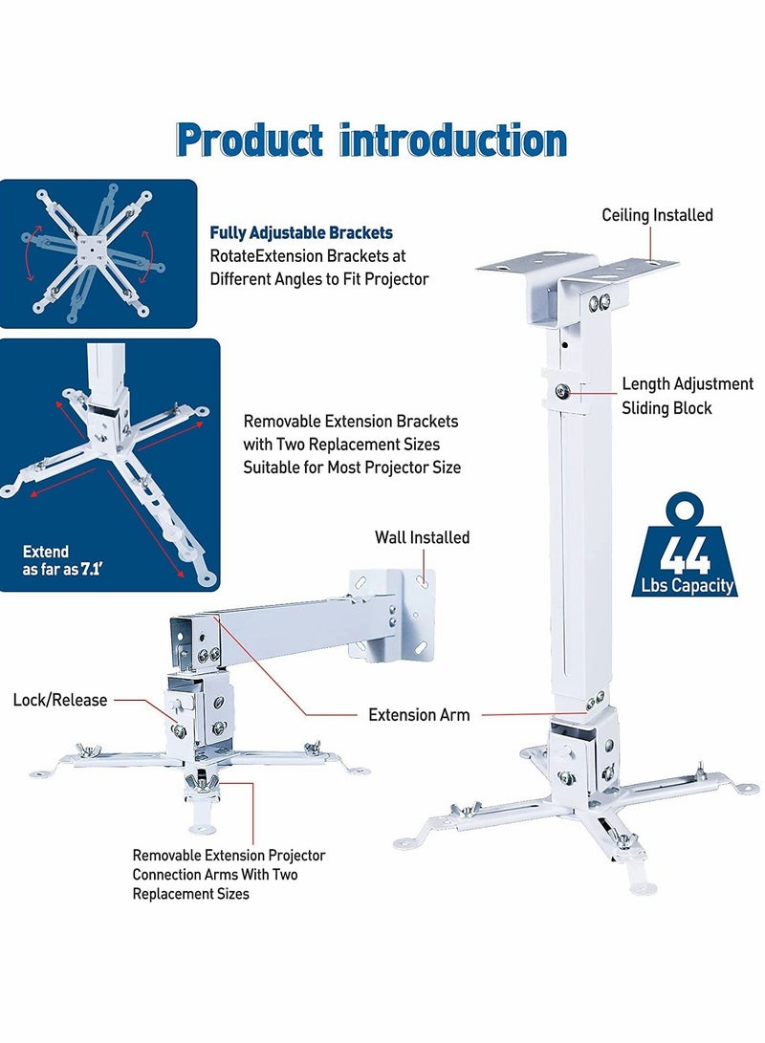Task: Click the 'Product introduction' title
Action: pos(372,141)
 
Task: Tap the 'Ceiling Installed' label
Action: pos(657,215)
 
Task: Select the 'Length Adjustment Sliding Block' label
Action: pos(688,396)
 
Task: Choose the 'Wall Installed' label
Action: pos(422,537)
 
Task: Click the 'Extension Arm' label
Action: pos(419,714)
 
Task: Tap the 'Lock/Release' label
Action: pos(59,700)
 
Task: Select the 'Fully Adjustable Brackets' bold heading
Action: pos(301,232)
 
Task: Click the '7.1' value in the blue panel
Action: pos(92,569)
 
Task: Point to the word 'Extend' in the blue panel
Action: pos(46,552)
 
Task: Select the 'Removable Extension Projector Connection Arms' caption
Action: pos(229,874)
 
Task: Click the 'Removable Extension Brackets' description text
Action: pos(351,444)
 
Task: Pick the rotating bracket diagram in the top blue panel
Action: pos(92,252)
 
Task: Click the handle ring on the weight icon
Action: pos(688,510)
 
